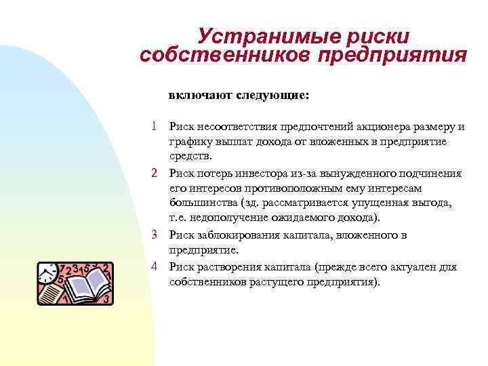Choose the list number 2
[x=155, y=174]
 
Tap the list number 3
[x=155, y=235]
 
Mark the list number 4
[x=155, y=266]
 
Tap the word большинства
[x=201, y=203]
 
